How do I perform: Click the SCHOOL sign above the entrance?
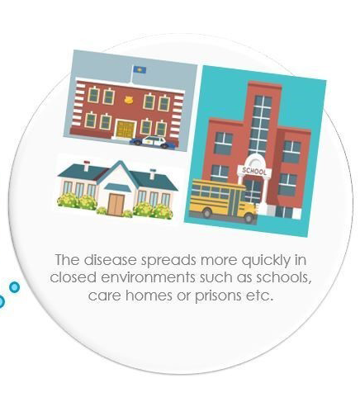[254, 171]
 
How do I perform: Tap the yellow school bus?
[224, 201]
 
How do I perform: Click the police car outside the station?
[153, 142]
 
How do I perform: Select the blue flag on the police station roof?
[139, 69]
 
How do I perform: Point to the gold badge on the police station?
[128, 100]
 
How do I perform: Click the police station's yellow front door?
[126, 130]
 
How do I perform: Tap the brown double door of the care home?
[116, 205]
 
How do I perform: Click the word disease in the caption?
[111, 260]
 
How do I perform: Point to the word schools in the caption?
[284, 277]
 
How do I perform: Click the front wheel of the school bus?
[249, 217]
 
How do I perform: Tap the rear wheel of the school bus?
[206, 212]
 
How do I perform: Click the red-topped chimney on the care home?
[87, 165]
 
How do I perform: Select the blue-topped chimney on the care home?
[153, 174]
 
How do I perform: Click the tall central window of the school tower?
[261, 125]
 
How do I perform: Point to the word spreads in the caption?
[168, 261]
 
